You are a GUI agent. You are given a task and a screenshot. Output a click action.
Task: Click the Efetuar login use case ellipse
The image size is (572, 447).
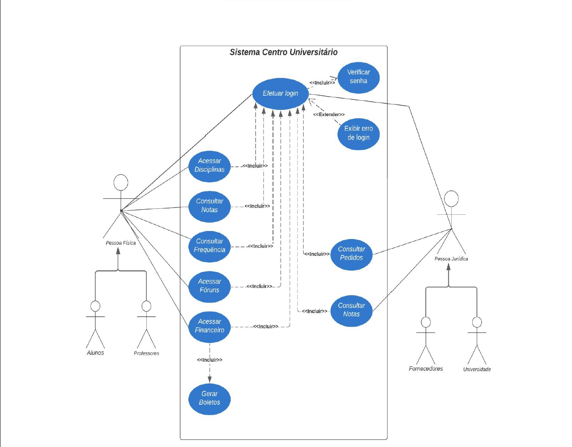280,94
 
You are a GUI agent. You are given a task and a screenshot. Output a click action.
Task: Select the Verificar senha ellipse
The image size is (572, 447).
359,77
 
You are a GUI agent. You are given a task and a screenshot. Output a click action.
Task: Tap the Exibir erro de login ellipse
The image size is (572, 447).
359,133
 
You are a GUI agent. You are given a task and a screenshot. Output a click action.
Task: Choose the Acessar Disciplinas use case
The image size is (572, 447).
209,166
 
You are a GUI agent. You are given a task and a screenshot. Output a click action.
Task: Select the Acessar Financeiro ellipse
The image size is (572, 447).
209,326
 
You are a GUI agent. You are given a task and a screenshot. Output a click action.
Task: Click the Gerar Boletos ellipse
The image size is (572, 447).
209,398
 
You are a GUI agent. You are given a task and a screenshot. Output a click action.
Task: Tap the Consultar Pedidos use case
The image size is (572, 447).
351,254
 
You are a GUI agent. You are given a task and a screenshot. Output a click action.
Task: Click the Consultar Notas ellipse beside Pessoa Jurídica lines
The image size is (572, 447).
351,310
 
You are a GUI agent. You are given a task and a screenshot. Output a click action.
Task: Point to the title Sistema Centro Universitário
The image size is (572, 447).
283,52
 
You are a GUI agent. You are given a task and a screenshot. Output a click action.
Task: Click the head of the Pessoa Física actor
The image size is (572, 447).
121,182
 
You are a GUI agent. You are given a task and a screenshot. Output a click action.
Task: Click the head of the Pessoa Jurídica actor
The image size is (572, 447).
451,198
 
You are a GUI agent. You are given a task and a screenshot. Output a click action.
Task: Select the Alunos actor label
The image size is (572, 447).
95,353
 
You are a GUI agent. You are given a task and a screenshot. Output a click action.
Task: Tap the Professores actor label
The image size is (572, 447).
146,353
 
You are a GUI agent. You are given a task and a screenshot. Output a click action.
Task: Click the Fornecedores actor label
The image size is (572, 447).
426,369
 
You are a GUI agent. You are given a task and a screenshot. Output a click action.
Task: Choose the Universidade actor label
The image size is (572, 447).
477,369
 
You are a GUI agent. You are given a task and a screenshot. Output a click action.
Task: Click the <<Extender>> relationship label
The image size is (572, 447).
329,114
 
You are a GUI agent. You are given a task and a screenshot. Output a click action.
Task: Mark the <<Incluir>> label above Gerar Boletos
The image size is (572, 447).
210,360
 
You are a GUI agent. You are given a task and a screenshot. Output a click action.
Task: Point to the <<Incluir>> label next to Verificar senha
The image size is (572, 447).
322,83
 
